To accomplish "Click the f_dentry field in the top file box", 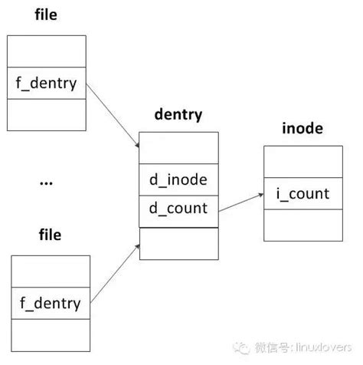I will coord(47,84).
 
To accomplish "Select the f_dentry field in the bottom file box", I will coord(50,303).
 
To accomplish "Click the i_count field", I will coord(301,194).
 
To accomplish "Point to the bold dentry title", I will coord(178,116).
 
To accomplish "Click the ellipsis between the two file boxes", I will coord(44,182).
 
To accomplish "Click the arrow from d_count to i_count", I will coord(240,202).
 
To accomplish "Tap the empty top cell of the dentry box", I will coord(178,148).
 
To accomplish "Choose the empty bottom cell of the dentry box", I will coord(178,243).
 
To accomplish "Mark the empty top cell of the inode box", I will coord(301,163).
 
